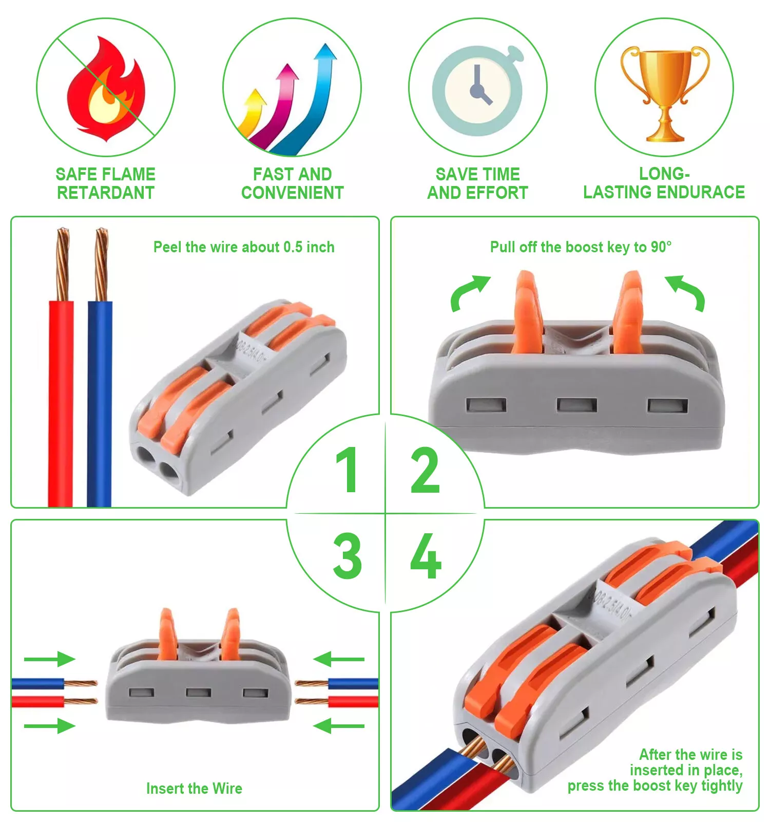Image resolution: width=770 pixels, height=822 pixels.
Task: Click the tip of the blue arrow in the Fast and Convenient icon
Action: (325, 44)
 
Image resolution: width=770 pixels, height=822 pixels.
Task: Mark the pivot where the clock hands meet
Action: (478, 90)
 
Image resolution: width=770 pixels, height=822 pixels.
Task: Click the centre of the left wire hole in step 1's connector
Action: (145, 454)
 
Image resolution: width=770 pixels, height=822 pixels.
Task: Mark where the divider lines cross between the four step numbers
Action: (385, 513)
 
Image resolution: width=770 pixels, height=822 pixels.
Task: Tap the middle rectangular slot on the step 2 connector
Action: (577, 405)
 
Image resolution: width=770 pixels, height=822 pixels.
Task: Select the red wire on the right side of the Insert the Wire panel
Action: (353, 701)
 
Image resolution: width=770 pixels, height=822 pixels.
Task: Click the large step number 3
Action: (348, 556)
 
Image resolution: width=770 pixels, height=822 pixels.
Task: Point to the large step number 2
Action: (425, 470)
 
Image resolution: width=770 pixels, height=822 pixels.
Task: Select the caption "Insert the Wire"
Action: (194, 788)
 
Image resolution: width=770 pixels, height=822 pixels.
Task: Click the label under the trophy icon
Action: (664, 183)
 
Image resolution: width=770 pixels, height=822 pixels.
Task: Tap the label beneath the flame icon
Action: (106, 183)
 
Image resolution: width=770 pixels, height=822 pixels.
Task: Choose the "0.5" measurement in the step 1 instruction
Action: (293, 247)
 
